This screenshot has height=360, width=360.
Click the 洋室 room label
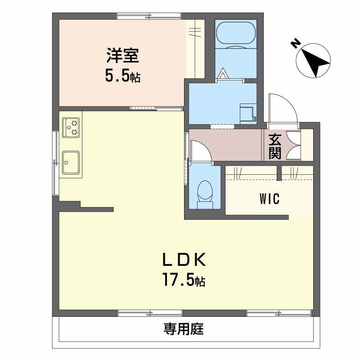(122, 57)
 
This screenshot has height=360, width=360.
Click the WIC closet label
(269, 198)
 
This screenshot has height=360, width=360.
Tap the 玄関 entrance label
(275, 147)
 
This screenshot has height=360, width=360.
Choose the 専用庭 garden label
(184, 329)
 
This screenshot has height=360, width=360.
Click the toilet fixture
(205, 193)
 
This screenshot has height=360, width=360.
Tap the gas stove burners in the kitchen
(71, 127)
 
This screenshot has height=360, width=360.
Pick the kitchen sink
(71, 162)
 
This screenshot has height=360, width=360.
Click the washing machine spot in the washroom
(248, 113)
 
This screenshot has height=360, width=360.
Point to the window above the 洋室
(149, 17)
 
